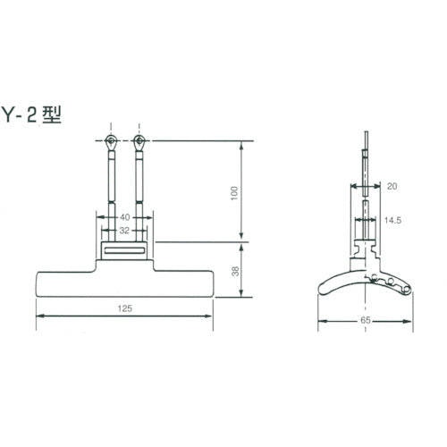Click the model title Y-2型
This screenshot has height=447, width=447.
[34, 114]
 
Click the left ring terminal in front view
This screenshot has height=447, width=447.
[109, 141]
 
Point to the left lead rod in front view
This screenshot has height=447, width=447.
[109, 179]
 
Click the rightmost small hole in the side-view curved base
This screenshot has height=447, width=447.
[403, 289]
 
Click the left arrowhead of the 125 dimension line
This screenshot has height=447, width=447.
[39, 316]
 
